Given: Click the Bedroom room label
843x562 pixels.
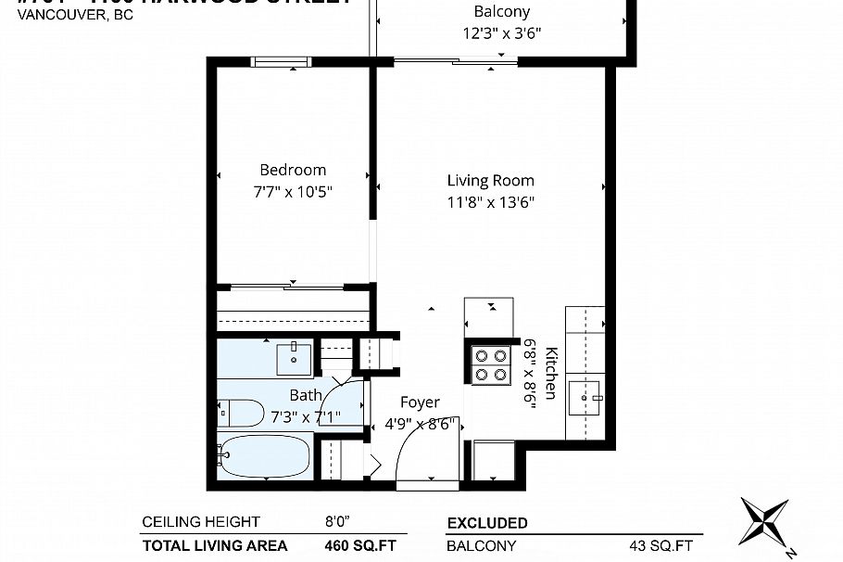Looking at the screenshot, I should pos(293,170).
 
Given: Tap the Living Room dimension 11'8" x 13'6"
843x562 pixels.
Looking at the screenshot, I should pos(490,201).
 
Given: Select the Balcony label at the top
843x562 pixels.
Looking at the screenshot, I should pos(501,12).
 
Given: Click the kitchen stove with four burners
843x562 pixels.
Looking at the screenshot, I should pos(491,364).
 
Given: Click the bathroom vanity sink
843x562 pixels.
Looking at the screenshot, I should pos(296,356).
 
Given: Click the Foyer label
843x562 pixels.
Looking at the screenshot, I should pos(420,402).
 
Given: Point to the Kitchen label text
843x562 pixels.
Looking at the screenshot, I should pos(551,373).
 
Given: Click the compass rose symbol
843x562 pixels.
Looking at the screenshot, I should pos(764,521).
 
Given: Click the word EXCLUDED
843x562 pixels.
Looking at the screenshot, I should pos(487,523).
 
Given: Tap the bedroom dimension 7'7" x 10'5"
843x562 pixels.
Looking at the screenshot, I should pos(293,192).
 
